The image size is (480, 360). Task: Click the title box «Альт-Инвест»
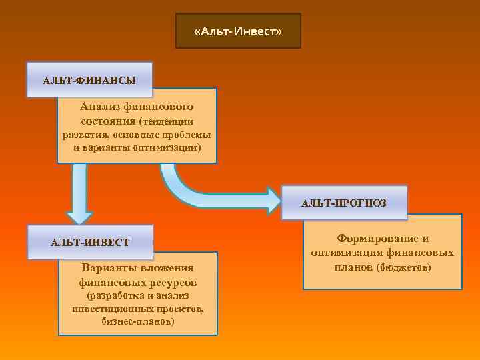pyautogui.click(x=238, y=31)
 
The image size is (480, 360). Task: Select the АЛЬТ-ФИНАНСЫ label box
pyautogui.click(x=89, y=80)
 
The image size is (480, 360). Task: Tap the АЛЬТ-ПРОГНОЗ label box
pyautogui.click(x=343, y=203)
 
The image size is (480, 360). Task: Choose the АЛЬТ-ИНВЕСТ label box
pyautogui.click(x=90, y=241)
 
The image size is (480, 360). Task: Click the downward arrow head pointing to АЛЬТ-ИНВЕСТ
pyautogui.click(x=79, y=215)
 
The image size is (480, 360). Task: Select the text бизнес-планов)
pyautogui.click(x=138, y=321)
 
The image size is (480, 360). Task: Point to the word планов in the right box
pyautogui.click(x=353, y=267)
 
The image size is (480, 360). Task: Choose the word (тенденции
pyautogui.click(x=167, y=121)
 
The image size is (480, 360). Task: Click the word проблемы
pyautogui.click(x=187, y=134)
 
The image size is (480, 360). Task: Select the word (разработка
pyautogui.click(x=116, y=295)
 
